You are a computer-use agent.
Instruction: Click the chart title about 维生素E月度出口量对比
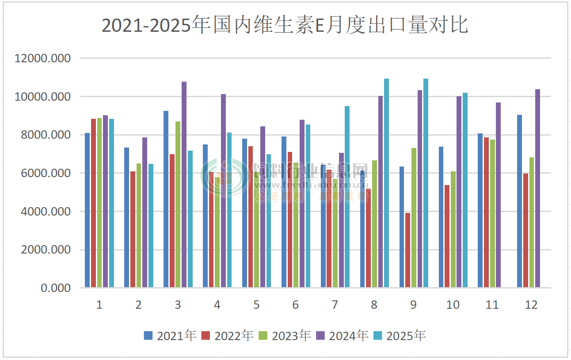coord(285,26)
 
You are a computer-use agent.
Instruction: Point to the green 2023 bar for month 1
coord(99,203)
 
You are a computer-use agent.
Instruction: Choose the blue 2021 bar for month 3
coord(166,199)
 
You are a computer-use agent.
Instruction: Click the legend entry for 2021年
coord(170,336)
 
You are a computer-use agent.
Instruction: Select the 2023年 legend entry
coord(285,336)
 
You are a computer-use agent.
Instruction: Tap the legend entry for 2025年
coord(400,336)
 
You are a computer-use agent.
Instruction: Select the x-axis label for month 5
coord(256,305)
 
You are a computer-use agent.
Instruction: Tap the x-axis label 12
coord(531,305)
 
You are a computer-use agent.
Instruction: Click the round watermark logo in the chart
coord(225,178)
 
